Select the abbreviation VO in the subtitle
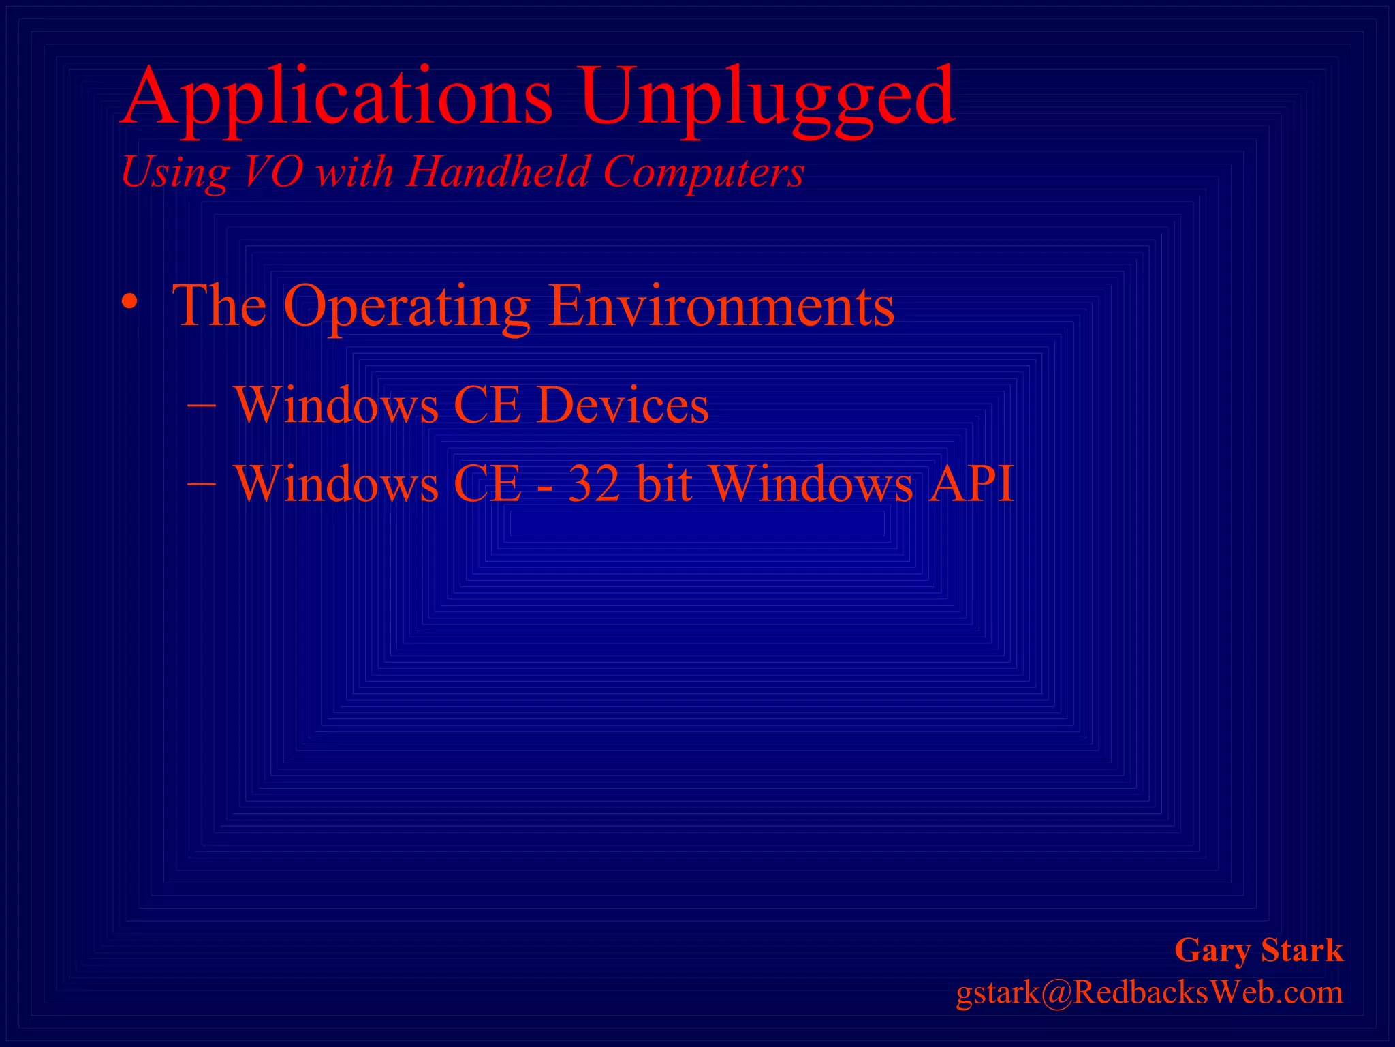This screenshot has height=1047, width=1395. pos(272,171)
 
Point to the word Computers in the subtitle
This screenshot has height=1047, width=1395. pos(704,171)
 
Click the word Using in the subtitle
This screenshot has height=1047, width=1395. pos(174,172)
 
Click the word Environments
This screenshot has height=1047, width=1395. pos(721,306)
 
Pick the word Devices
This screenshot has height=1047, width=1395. pos(623,406)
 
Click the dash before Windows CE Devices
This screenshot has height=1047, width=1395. pos(202,404)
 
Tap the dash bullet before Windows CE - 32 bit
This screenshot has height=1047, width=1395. pos(202,483)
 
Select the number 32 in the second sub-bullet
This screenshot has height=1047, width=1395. pos(594,484)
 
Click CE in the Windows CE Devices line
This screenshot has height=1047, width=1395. pos(487,406)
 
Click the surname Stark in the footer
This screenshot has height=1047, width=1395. pos(1302,950)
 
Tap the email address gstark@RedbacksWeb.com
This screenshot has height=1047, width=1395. pos(1149,992)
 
